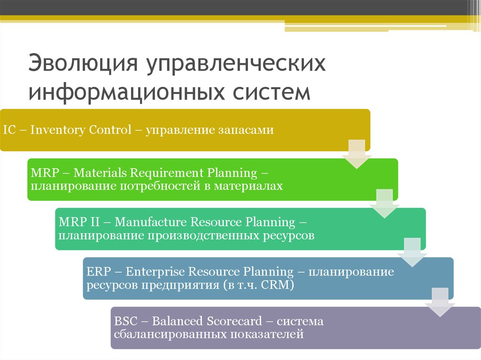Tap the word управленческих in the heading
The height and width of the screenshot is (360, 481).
coord(236,64)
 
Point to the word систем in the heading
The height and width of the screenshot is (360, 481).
coord(272,92)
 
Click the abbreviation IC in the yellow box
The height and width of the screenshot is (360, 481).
coord(9,130)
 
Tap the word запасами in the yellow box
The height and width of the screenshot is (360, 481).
coord(246,130)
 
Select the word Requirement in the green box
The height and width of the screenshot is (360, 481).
coord(167,173)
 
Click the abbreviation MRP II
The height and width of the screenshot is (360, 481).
coord(79,222)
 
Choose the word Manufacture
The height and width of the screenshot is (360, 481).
coord(151,222)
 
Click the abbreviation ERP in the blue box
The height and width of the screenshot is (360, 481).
coord(99,272)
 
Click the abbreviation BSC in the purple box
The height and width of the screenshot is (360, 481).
coord(126,322)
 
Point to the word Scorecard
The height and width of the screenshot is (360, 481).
coord(234,322)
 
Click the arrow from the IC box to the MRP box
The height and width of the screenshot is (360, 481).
coord(357,154)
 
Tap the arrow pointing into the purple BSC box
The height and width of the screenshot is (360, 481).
coord(440,302)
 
